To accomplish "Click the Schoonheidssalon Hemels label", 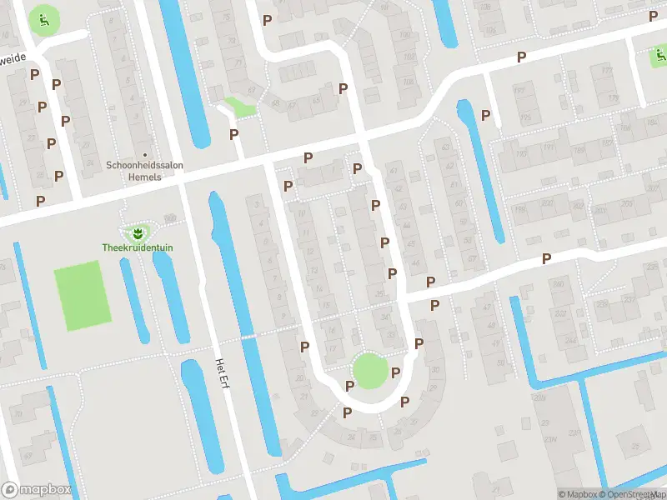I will pyautogui.click(x=145, y=165).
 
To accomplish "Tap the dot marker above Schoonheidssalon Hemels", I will pyautogui.click(x=146, y=154).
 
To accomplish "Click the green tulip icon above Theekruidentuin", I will pyautogui.click(x=133, y=232).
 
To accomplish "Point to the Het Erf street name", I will pyautogui.click(x=222, y=372).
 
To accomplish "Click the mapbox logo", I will pyautogui.click(x=36, y=490).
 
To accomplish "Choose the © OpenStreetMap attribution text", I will pyautogui.click(x=634, y=494).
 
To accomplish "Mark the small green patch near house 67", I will pyautogui.click(x=239, y=107).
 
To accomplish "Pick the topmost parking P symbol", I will pyautogui.click(x=268, y=19).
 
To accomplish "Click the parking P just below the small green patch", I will pyautogui.click(x=234, y=133).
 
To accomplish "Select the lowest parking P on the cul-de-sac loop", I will pyautogui.click(x=348, y=412).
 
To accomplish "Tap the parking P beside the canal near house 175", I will pyautogui.click(x=486, y=114).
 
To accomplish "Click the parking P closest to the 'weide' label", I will pyautogui.click(x=35, y=73).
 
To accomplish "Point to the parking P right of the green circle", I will pyautogui.click(x=396, y=372).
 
